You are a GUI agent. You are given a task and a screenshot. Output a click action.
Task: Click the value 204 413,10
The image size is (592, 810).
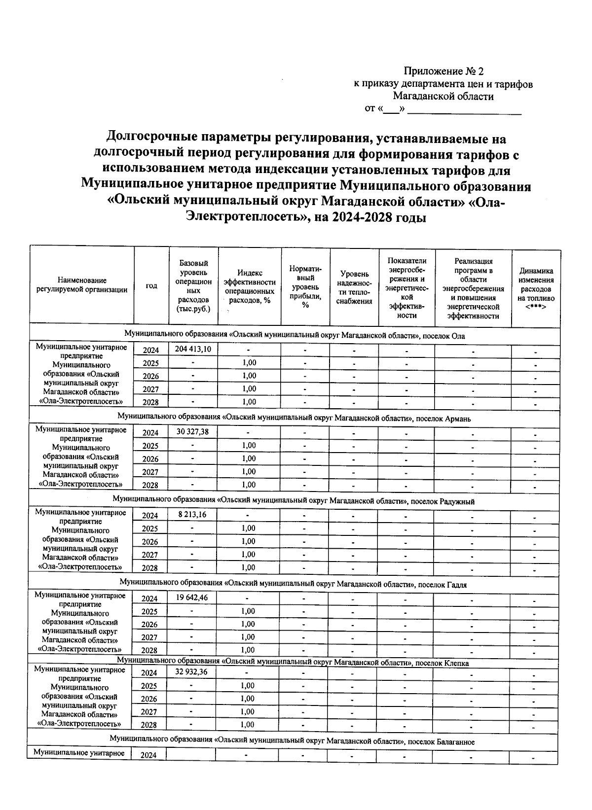(193, 349)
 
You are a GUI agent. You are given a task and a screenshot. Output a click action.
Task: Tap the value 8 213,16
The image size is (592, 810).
(192, 515)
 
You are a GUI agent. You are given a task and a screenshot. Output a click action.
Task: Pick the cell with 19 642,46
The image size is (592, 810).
(192, 598)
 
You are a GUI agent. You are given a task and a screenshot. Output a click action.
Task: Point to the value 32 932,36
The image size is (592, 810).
(191, 672)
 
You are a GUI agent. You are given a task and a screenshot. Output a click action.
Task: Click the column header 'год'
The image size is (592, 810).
(151, 286)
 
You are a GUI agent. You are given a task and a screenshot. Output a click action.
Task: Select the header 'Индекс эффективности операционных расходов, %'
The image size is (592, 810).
(249, 286)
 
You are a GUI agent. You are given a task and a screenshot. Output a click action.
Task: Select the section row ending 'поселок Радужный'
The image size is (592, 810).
(294, 501)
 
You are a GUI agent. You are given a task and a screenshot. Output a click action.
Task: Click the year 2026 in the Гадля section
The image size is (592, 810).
(149, 625)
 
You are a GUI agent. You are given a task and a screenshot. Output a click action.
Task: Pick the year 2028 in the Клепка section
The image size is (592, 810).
(148, 725)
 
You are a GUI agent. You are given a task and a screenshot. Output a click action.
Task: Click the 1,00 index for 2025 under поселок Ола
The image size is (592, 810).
(249, 362)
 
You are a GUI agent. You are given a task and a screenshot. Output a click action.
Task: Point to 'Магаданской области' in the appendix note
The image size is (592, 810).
(443, 97)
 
